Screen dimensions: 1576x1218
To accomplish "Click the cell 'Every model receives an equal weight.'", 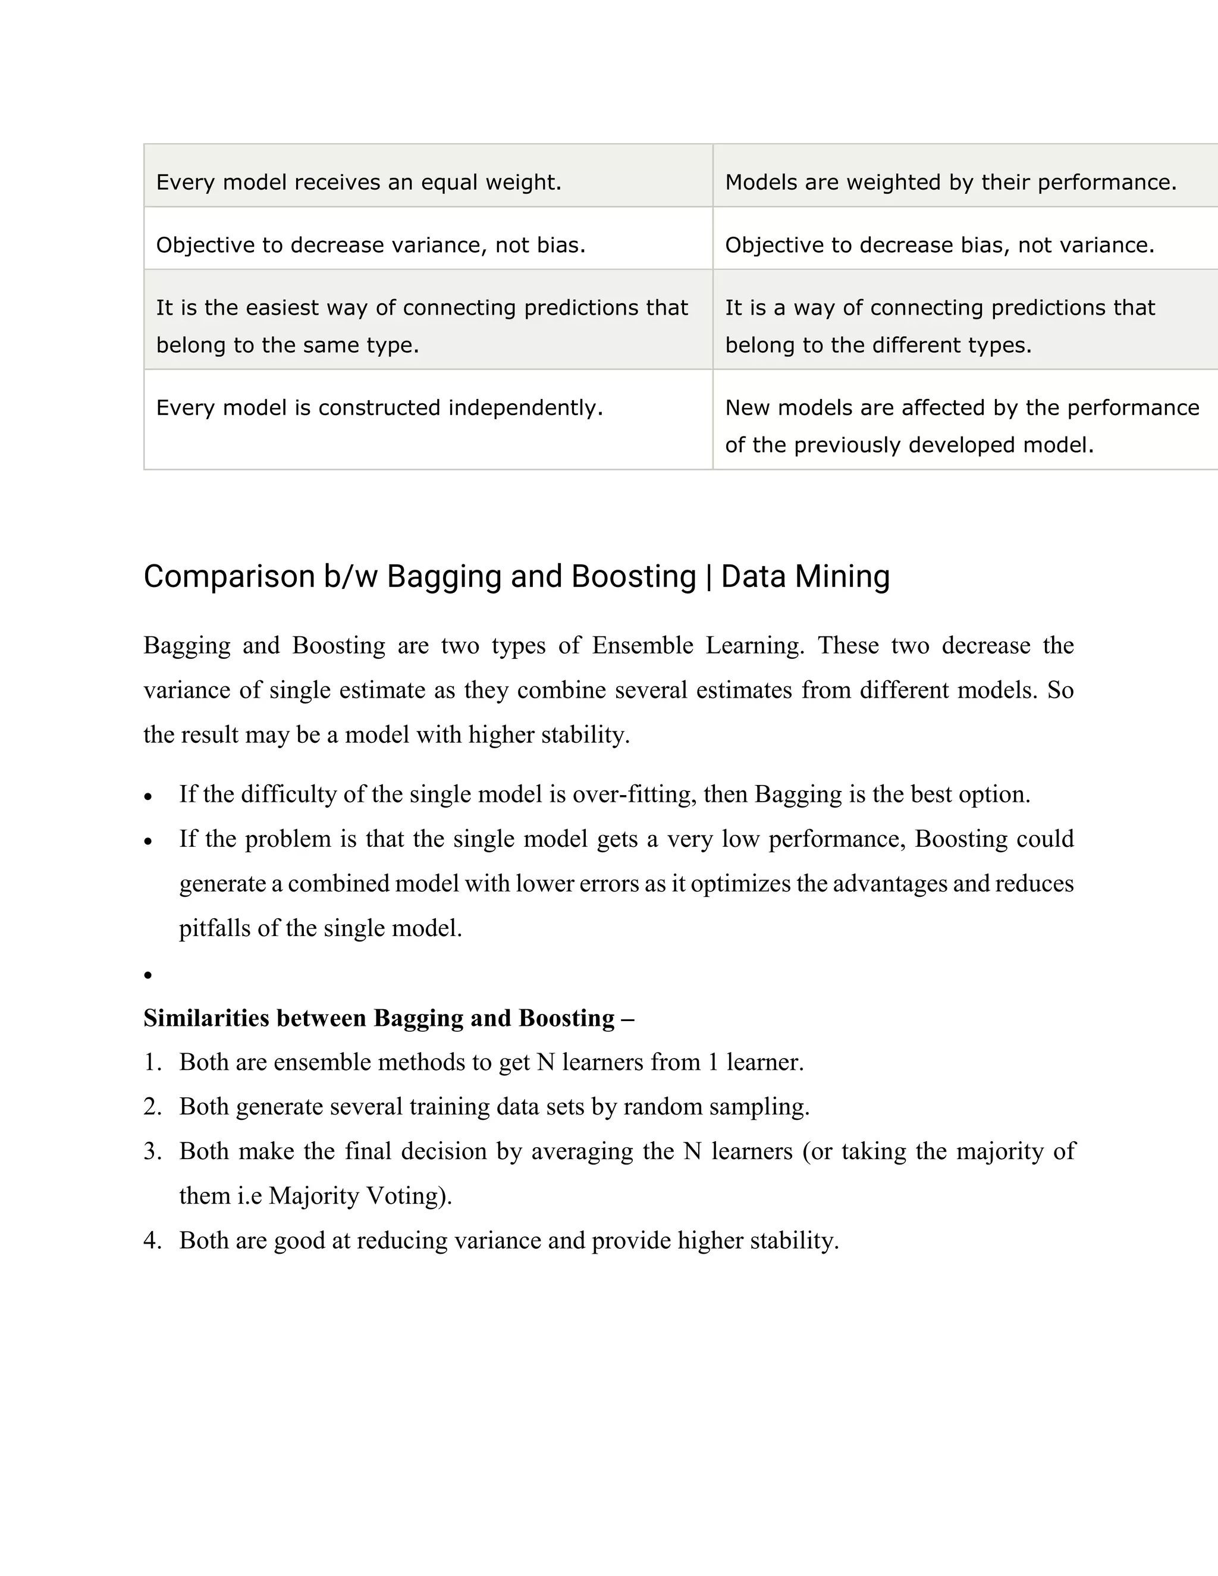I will click(x=359, y=182).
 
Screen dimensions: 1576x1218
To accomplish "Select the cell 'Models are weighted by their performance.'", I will click(x=950, y=182).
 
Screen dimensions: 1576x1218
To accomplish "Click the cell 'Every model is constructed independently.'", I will click(x=379, y=408).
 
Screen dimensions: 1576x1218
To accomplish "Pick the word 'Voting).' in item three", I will click(x=409, y=1196).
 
